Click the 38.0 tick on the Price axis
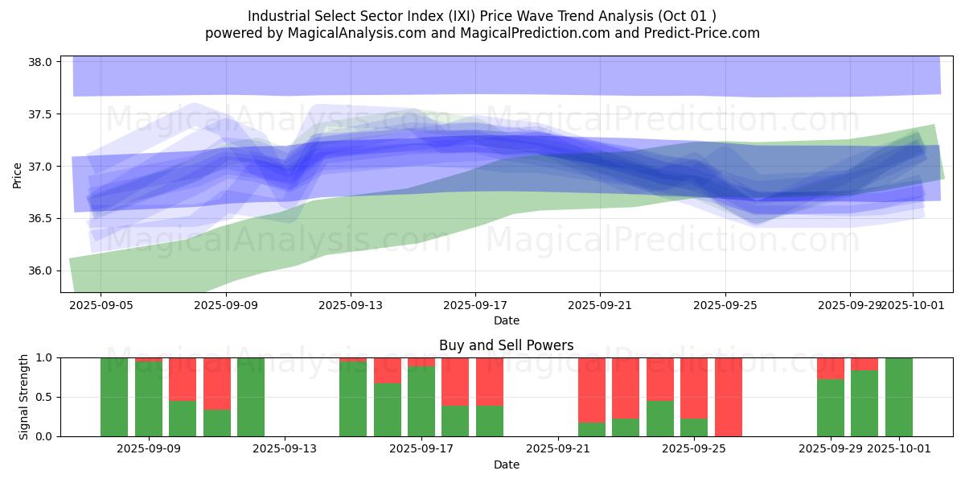(x=41, y=62)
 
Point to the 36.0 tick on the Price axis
(x=41, y=270)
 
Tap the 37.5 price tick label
(x=41, y=114)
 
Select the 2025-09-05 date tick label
(x=101, y=305)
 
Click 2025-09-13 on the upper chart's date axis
(x=350, y=305)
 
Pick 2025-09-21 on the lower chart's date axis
(x=557, y=448)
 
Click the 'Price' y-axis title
(x=18, y=175)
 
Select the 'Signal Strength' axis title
(x=24, y=397)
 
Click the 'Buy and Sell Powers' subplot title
(x=506, y=345)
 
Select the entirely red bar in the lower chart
(x=728, y=397)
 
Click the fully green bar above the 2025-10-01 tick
(x=898, y=397)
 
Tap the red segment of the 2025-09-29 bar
(x=831, y=368)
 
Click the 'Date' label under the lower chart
(x=506, y=464)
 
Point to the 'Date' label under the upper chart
(x=506, y=320)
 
